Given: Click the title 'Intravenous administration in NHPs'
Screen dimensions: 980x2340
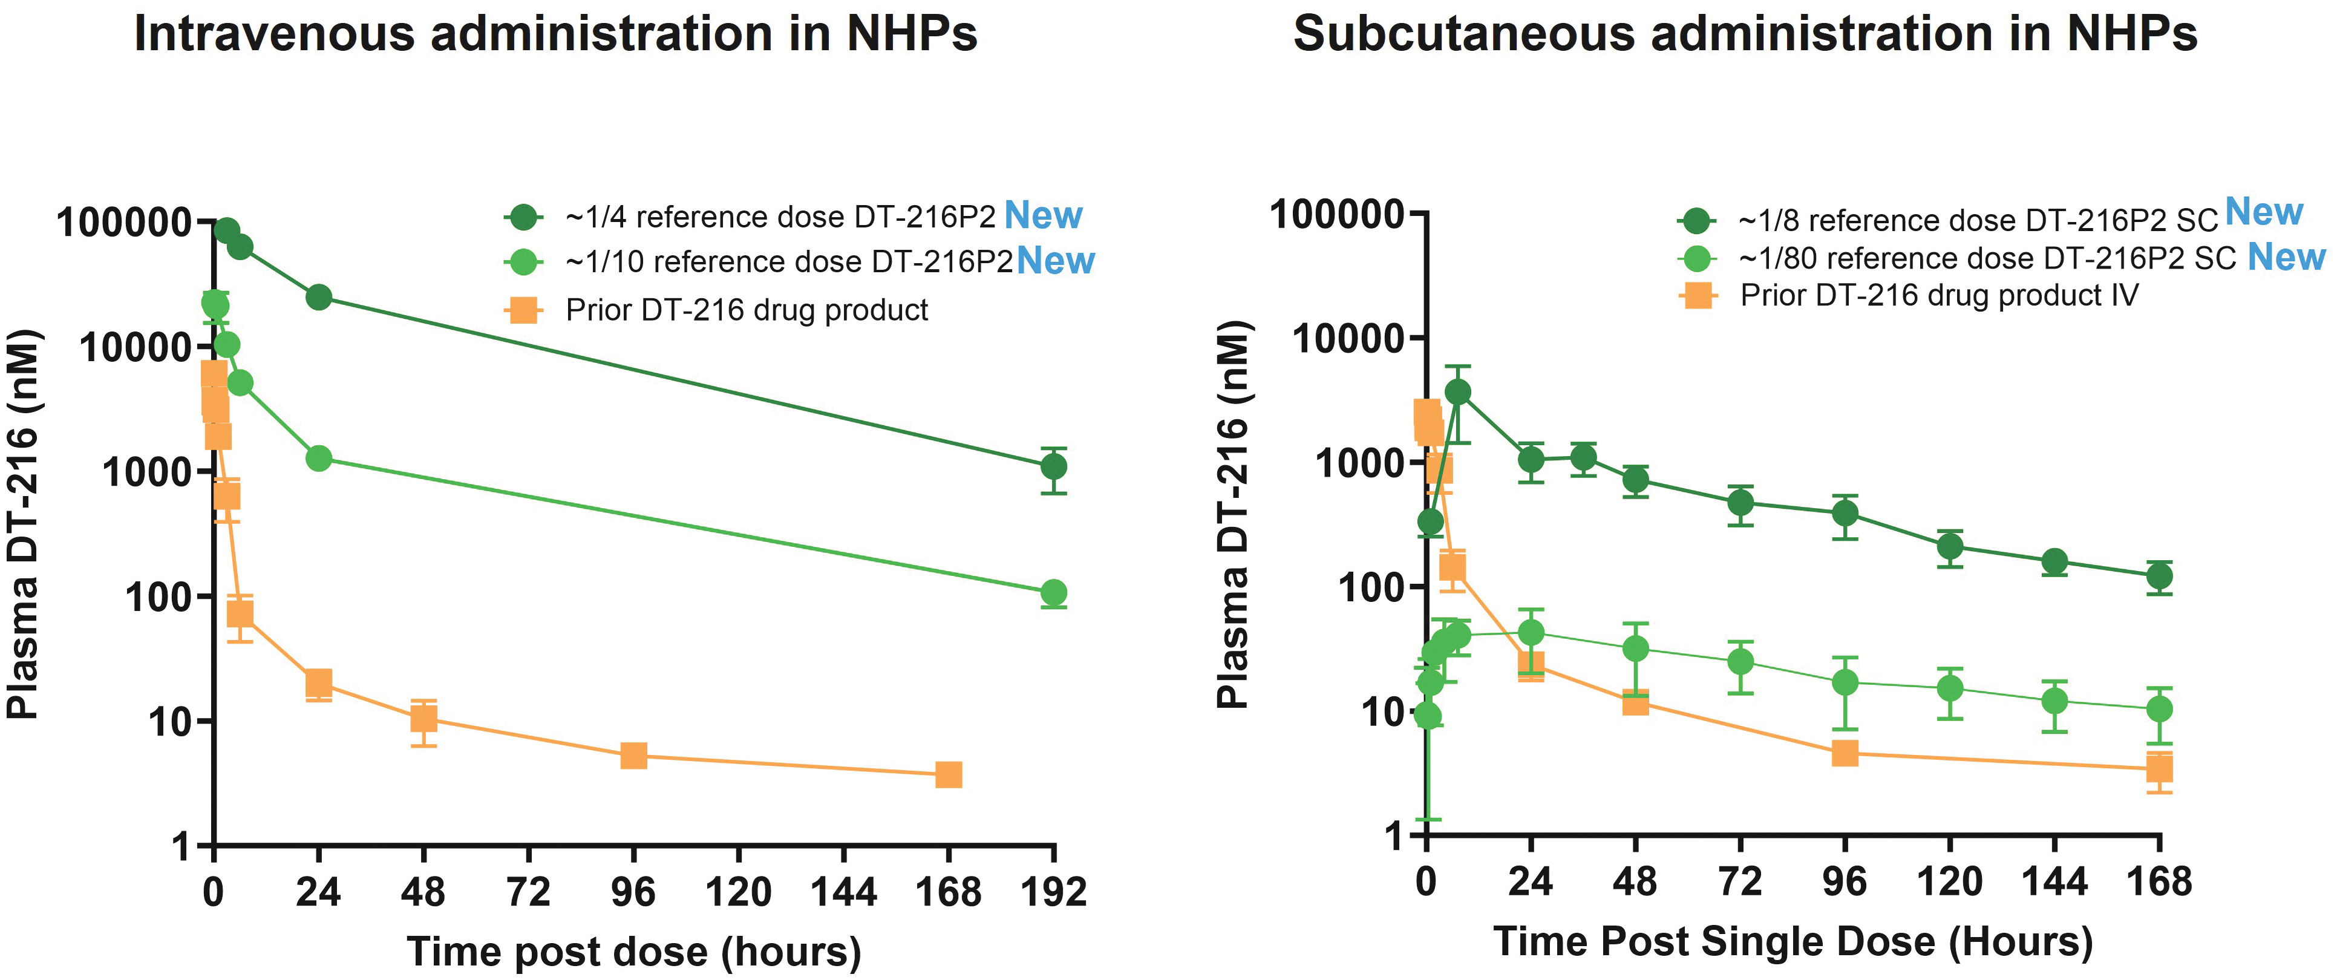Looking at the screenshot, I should [x=555, y=34].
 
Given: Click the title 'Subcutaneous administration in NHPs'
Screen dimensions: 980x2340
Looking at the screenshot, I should [x=1744, y=34].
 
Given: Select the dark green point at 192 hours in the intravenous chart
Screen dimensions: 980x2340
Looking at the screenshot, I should [x=1053, y=467].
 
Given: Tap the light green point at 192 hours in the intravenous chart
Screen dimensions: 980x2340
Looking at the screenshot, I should [x=1053, y=593].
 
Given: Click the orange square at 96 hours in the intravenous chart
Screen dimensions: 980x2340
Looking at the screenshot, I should [x=633, y=756].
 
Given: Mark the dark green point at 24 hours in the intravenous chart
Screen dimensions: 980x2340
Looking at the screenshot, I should [x=319, y=297].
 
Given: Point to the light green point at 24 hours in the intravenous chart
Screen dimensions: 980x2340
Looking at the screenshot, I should [x=319, y=458].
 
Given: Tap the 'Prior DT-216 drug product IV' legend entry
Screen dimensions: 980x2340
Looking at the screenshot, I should [x=1938, y=296].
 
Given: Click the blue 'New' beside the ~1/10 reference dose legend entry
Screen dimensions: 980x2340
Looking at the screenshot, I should [x=1056, y=261].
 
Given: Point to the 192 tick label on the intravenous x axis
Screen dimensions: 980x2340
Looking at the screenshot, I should [x=1053, y=892].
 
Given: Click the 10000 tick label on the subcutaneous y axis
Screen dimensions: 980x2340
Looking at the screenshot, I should [x=1347, y=339].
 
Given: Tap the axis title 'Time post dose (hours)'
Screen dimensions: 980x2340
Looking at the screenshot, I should [x=634, y=952].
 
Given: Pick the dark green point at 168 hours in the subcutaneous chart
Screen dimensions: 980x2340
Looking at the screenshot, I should [x=2159, y=576].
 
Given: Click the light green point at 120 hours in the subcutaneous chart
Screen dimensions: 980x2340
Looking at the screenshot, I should [x=1949, y=688].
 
